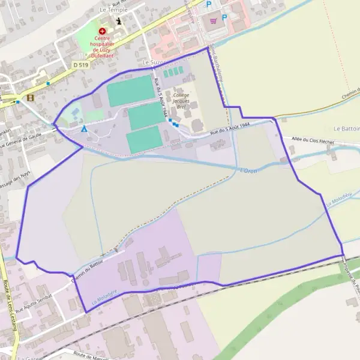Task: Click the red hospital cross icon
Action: [x=103, y=30]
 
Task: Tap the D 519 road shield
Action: [x=80, y=64]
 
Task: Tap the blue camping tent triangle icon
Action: [x=85, y=128]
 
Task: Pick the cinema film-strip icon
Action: [x=30, y=97]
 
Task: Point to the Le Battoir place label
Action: [x=346, y=129]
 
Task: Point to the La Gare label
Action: [x=28, y=358]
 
